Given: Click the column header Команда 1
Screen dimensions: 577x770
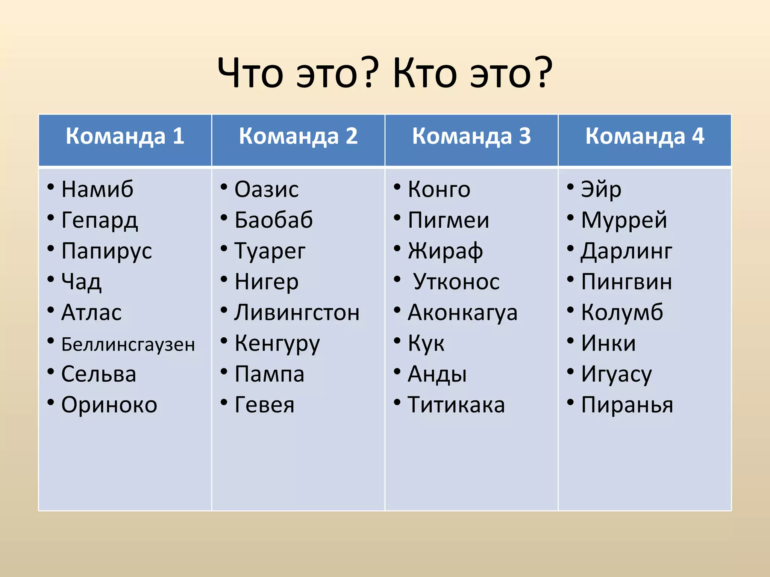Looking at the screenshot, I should coord(125,136).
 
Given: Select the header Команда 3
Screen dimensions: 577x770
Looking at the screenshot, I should coord(471,136).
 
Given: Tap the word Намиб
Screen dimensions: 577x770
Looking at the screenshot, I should coord(97,189).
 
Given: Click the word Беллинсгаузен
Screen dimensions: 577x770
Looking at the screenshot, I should coord(128,344).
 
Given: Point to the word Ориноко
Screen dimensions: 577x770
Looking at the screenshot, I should coord(109,405).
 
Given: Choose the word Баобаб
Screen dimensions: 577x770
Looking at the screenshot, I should coord(273,220).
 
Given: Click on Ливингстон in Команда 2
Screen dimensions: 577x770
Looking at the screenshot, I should coord(297,313).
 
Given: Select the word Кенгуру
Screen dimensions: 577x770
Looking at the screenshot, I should coord(277,344).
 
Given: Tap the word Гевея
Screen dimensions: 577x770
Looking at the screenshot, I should coord(264,405).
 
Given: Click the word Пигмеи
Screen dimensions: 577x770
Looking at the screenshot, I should coord(449,220).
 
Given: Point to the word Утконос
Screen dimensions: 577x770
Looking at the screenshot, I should coord(456,282).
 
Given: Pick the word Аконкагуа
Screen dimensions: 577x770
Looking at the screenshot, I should coord(462,313).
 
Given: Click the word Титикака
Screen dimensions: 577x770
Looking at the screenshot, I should coord(456,405).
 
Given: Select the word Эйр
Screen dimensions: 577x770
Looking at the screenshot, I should coord(601,190).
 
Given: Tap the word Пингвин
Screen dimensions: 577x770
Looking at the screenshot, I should coord(626,282).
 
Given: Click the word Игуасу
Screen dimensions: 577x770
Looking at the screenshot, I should coord(616,375).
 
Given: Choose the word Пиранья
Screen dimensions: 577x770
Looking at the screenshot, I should coord(627,405).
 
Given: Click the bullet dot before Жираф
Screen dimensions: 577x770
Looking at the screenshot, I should coord(397,248).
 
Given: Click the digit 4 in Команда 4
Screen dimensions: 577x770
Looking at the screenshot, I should coord(698,136).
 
